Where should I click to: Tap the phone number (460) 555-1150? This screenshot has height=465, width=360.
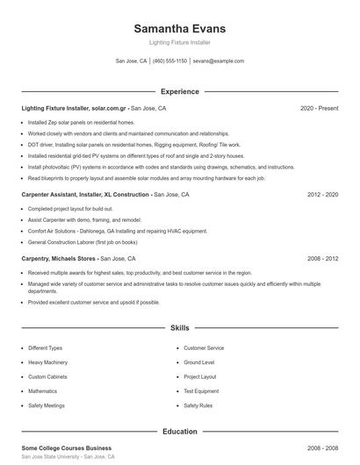pos(169,61)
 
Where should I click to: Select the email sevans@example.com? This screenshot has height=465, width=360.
pos(219,61)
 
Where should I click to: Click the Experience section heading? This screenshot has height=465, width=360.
pos(179,91)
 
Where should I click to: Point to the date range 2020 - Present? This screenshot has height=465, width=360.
pos(319,108)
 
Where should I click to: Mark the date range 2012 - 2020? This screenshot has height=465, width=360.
pos(322,194)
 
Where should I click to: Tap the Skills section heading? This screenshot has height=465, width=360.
pos(179,327)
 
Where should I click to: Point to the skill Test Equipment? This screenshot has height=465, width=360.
pos(201,391)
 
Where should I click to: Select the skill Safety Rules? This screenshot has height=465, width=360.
pos(198,405)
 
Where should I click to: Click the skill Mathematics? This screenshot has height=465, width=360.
pos(42,391)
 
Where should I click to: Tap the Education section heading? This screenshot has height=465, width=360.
pos(179,431)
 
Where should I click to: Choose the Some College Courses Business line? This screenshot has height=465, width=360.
pos(67,447)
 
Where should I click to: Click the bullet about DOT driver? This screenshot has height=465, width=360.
pos(121,145)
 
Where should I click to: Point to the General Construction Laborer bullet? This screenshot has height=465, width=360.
pos(83,241)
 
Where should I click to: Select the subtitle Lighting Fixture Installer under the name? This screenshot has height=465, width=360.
pos(179,42)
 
